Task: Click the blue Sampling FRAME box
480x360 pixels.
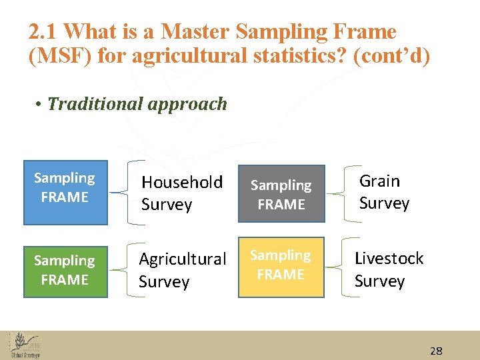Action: (x=65, y=192)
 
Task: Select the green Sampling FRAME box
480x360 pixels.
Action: (x=65, y=269)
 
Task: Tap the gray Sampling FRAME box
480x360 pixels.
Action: (x=281, y=194)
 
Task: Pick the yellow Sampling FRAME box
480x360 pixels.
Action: (x=281, y=267)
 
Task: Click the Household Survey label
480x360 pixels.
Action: (x=181, y=193)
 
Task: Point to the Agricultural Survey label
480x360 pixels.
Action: (x=182, y=270)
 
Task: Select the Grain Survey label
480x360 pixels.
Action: (x=384, y=192)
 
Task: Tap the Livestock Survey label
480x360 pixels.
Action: (x=388, y=269)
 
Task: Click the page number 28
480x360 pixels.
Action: (x=436, y=351)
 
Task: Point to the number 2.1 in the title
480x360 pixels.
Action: (x=43, y=31)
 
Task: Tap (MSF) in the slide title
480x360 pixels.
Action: (x=60, y=56)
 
